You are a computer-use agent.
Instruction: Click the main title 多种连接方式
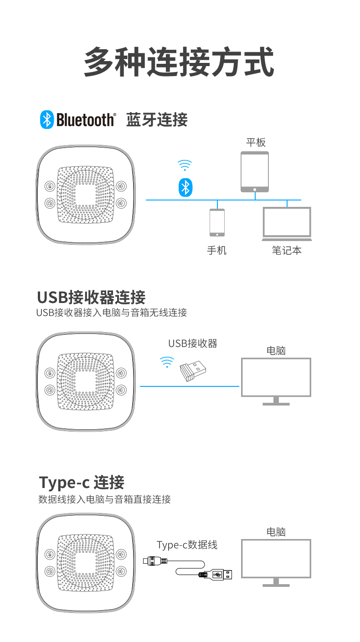coord(179,62)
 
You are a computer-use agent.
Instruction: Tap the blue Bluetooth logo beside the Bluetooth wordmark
coord(46,119)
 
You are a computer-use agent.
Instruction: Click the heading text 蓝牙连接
coord(157,120)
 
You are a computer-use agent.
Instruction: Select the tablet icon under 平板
coord(255,171)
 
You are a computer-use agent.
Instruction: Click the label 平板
coord(256,142)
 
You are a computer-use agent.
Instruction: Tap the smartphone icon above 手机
coord(217,222)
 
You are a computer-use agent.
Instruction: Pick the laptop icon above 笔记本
coord(287,224)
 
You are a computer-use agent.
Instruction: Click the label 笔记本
coord(287,250)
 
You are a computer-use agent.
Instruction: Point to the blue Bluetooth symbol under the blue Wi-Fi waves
coord(185,187)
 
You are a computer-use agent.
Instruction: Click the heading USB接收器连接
coord(91,297)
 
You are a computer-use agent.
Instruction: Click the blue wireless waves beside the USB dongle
coord(167,362)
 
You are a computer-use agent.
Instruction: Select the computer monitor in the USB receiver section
coord(276,381)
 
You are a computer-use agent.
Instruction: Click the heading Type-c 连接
coord(82,482)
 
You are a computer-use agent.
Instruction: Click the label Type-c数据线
coord(187,544)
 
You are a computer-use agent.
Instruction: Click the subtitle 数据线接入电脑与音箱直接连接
coord(104,499)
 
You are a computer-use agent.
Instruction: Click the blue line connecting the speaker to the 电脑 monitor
coord(189,386)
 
